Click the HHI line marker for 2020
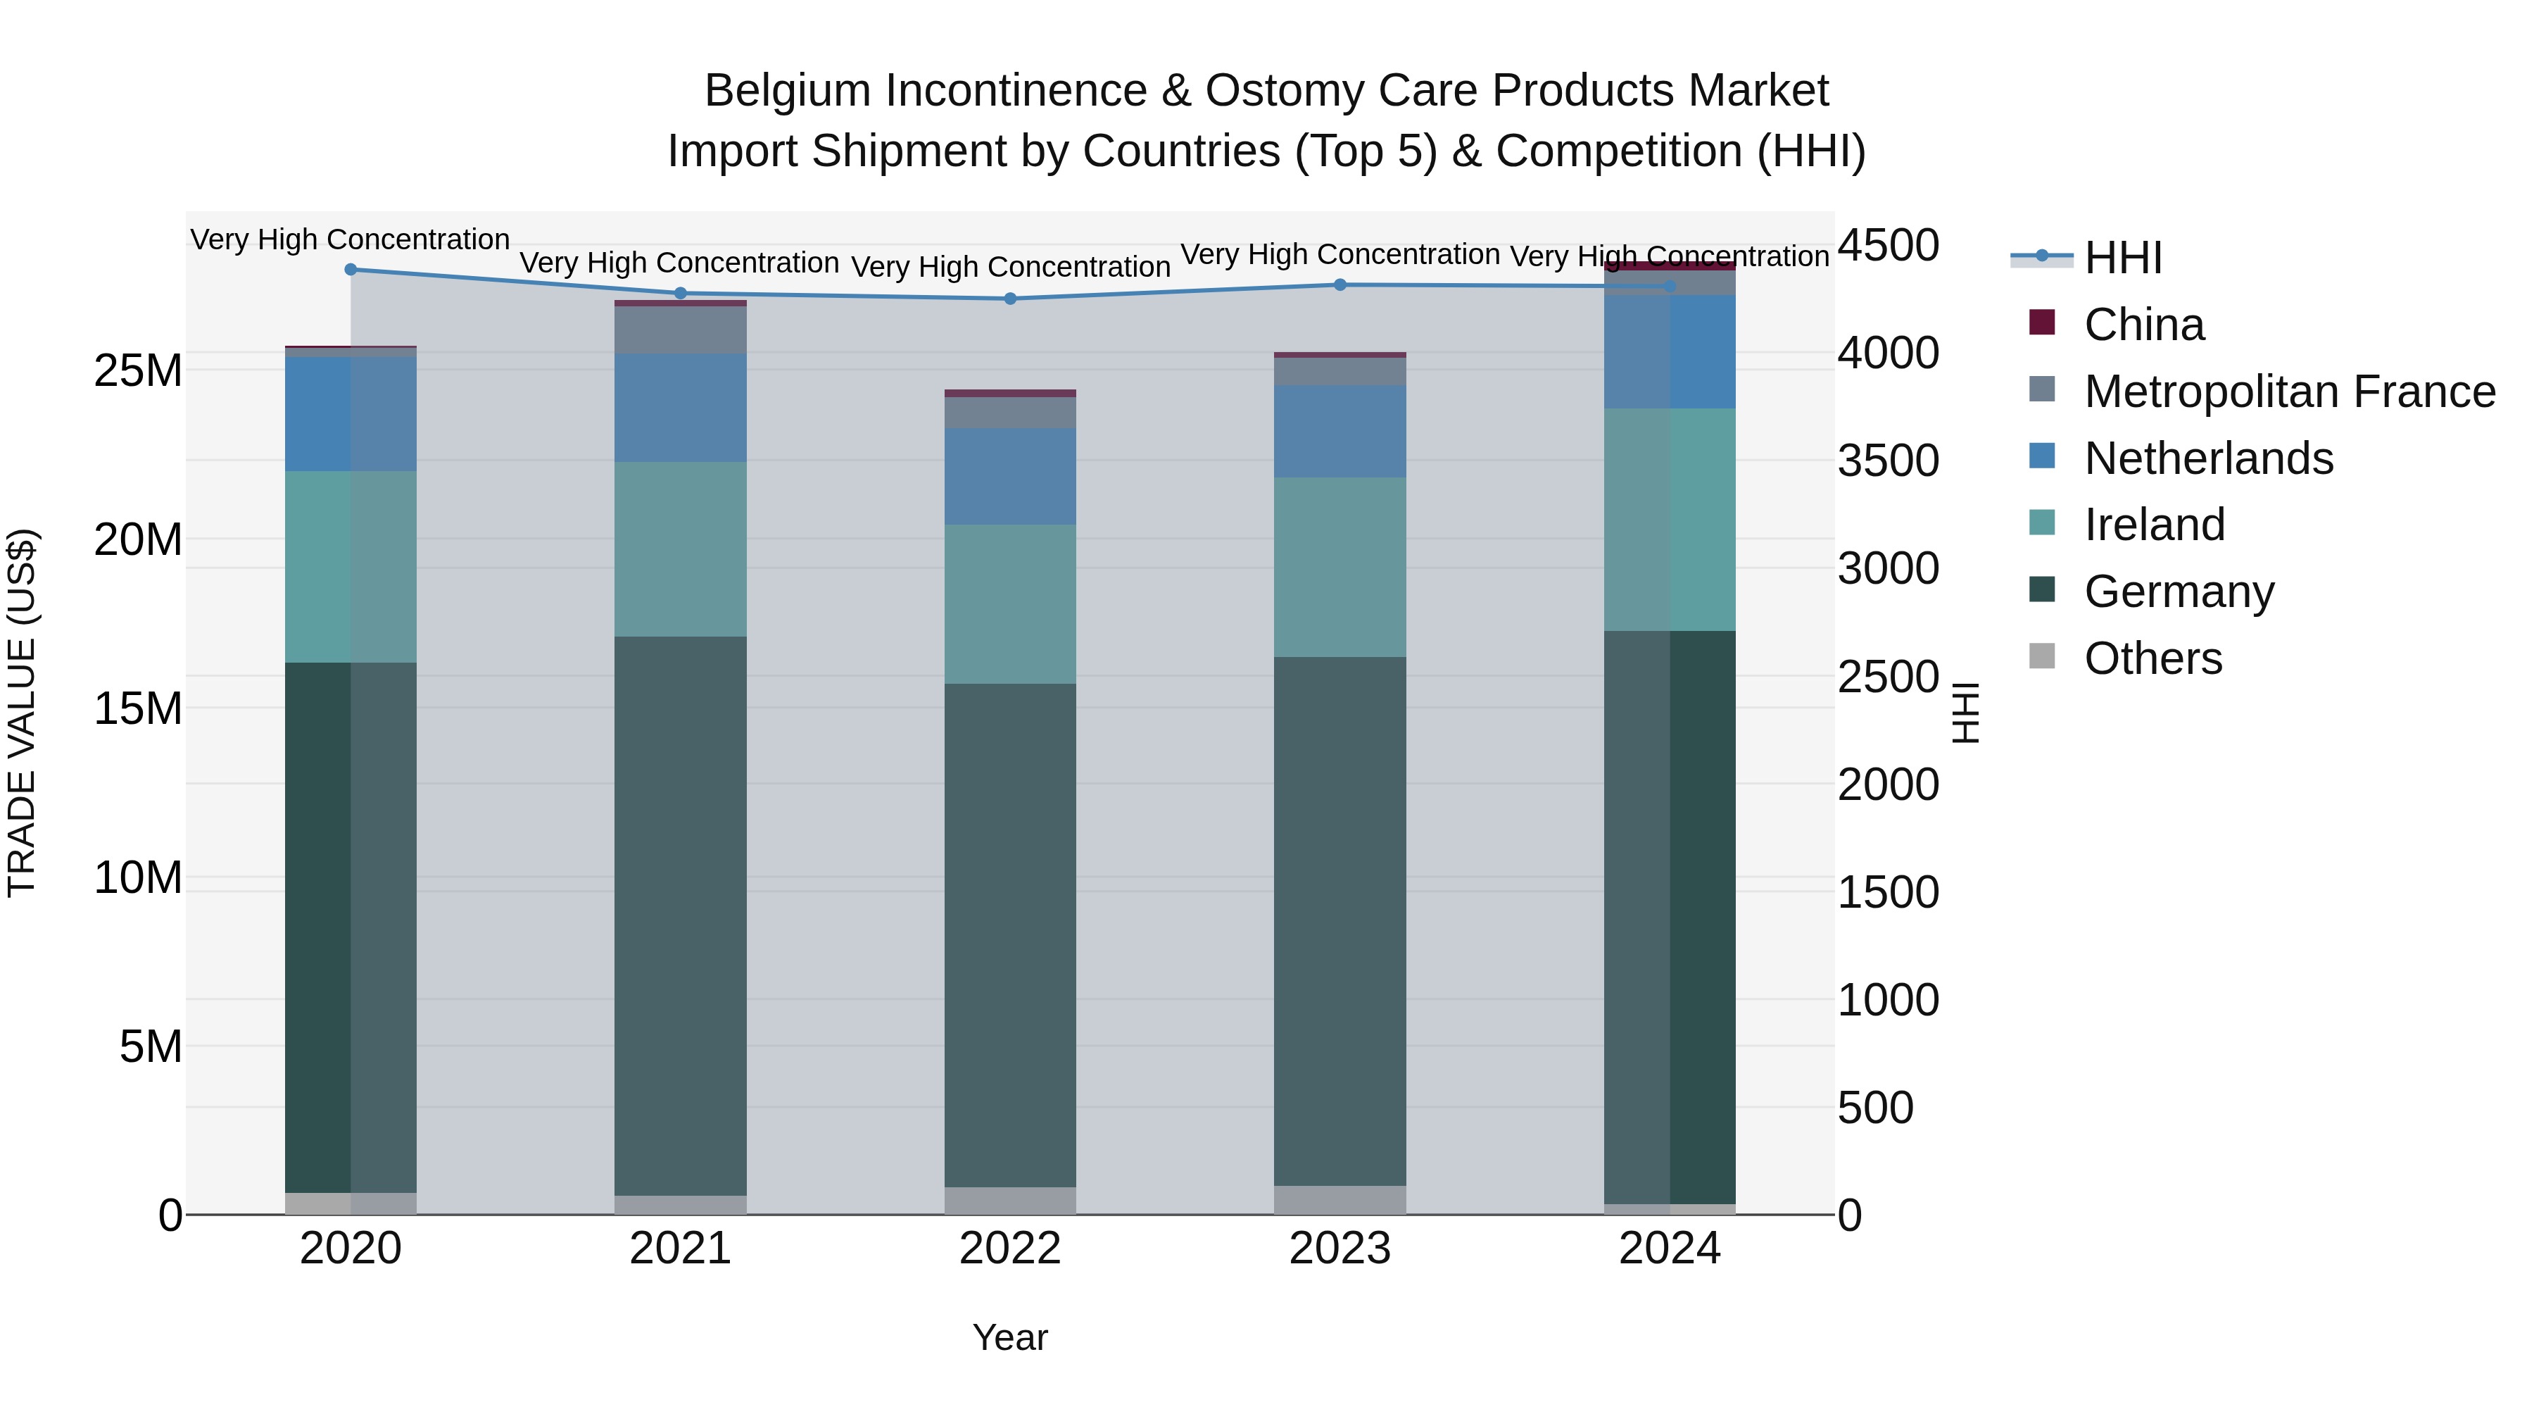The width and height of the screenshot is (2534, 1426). tap(351, 270)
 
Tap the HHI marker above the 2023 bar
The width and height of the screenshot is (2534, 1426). tap(1340, 285)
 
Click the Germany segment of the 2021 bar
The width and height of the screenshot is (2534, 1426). tap(681, 915)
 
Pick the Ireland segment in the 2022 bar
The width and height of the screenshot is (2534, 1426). tap(1010, 603)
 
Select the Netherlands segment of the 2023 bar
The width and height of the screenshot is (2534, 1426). tap(1340, 431)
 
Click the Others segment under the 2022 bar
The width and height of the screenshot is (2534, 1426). tap(1010, 1201)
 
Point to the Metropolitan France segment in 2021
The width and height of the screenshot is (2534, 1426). tap(681, 330)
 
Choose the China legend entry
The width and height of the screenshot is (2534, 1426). tap(2145, 325)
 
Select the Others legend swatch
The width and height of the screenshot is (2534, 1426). tap(2042, 656)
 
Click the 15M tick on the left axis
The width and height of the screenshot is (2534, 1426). tap(138, 708)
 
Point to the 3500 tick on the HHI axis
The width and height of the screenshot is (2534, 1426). tap(1889, 461)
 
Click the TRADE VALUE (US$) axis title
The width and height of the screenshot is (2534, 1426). tap(22, 713)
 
